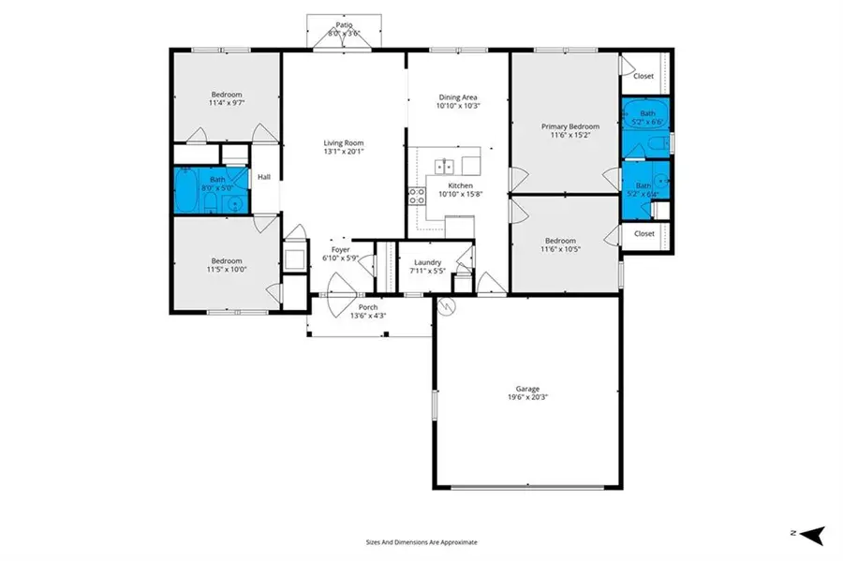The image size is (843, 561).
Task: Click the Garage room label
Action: click(x=527, y=389)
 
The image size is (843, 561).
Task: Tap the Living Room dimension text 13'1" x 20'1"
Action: click(x=343, y=151)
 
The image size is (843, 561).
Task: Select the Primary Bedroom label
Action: click(x=569, y=126)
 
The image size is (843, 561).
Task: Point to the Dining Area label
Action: click(x=458, y=96)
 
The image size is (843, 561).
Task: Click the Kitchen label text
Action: click(x=459, y=186)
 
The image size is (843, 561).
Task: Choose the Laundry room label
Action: click(x=426, y=263)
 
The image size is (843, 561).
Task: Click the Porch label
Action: click(x=368, y=306)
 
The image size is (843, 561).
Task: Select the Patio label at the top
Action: click(x=343, y=25)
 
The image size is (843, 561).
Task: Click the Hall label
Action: click(x=264, y=176)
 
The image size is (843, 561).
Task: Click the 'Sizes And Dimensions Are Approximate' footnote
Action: click(x=421, y=541)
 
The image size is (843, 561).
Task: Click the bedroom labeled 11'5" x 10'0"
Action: click(x=226, y=266)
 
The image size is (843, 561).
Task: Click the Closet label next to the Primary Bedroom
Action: click(x=643, y=76)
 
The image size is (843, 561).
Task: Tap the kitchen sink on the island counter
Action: click(x=444, y=167)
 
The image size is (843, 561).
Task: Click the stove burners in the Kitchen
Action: click(x=416, y=196)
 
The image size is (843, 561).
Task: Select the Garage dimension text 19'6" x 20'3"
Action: click(x=527, y=397)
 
